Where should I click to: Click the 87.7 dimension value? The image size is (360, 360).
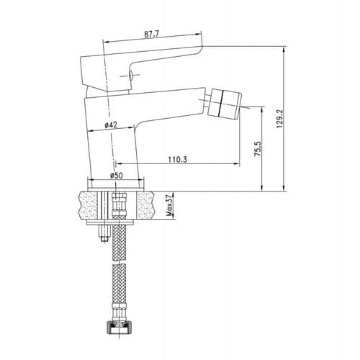tap(151, 34)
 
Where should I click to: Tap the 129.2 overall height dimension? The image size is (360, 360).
tap(279, 119)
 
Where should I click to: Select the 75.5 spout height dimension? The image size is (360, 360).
tap(258, 149)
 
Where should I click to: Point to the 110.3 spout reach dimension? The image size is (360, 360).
tap(177, 160)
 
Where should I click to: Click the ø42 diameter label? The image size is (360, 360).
tap(111, 125)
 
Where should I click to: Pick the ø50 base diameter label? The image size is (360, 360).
tap(117, 176)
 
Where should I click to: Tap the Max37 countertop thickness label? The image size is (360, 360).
tap(170, 205)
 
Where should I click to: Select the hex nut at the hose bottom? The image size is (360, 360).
tap(120, 328)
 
